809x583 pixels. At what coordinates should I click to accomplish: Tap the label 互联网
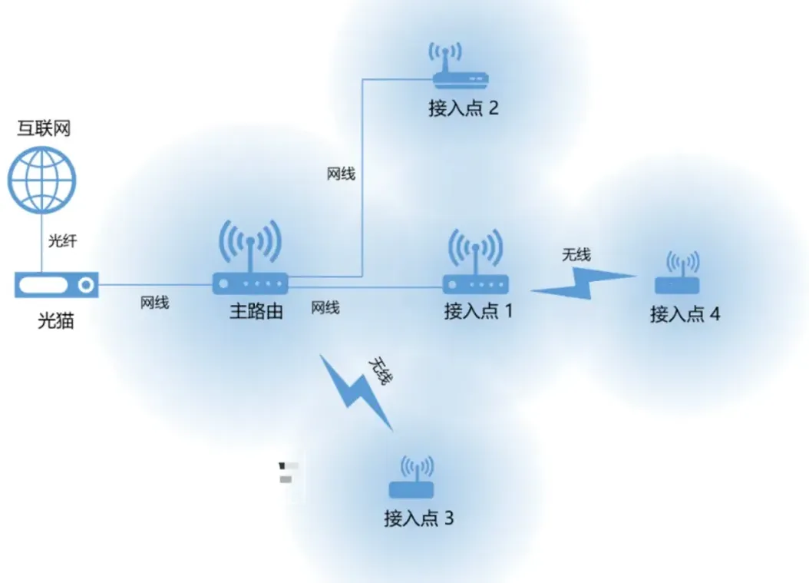(x=44, y=128)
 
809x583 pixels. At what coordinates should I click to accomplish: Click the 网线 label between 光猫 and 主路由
(x=154, y=303)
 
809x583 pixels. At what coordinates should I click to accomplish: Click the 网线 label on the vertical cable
(x=341, y=174)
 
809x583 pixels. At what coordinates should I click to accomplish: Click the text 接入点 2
(x=464, y=108)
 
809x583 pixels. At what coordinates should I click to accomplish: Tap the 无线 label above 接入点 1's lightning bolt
(x=576, y=254)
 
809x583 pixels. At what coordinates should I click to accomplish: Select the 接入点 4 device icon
(x=677, y=276)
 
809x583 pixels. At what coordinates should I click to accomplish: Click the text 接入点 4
(x=685, y=314)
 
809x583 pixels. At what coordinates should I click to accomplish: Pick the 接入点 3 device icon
(x=411, y=480)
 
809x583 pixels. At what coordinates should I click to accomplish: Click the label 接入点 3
(x=418, y=518)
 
